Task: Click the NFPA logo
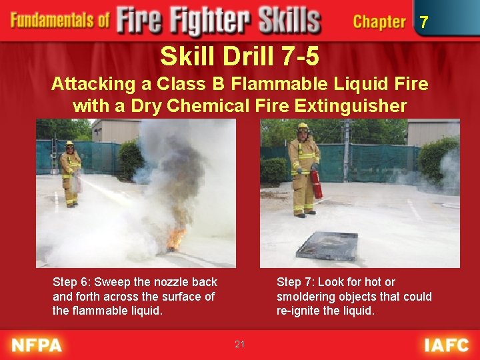pyautogui.click(x=37, y=345)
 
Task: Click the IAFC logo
pyautogui.click(x=446, y=345)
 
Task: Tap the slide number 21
pyautogui.click(x=240, y=344)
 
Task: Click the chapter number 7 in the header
pyautogui.click(x=423, y=23)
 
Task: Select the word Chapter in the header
pyautogui.click(x=379, y=22)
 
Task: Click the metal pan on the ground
pyautogui.click(x=327, y=245)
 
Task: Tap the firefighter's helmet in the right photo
pyautogui.click(x=303, y=127)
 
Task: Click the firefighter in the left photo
pyautogui.click(x=70, y=173)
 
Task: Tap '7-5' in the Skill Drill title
pyautogui.click(x=300, y=57)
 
